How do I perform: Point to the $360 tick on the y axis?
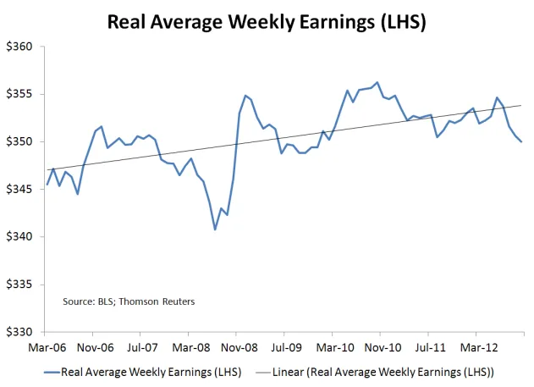pyautogui.click(x=19, y=47)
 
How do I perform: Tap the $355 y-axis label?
pyautogui.click(x=19, y=94)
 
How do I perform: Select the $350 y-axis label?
pyautogui.click(x=19, y=141)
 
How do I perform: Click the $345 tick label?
pyautogui.click(x=19, y=189)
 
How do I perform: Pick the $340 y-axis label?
pyautogui.click(x=19, y=236)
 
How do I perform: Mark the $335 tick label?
pyautogui.click(x=19, y=285)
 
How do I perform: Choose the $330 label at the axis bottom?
pyautogui.click(x=19, y=332)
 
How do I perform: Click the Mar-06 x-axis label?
pyautogui.click(x=46, y=346)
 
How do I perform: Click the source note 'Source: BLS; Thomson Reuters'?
pyautogui.click(x=116, y=301)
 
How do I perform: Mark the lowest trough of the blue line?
pyautogui.click(x=215, y=229)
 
